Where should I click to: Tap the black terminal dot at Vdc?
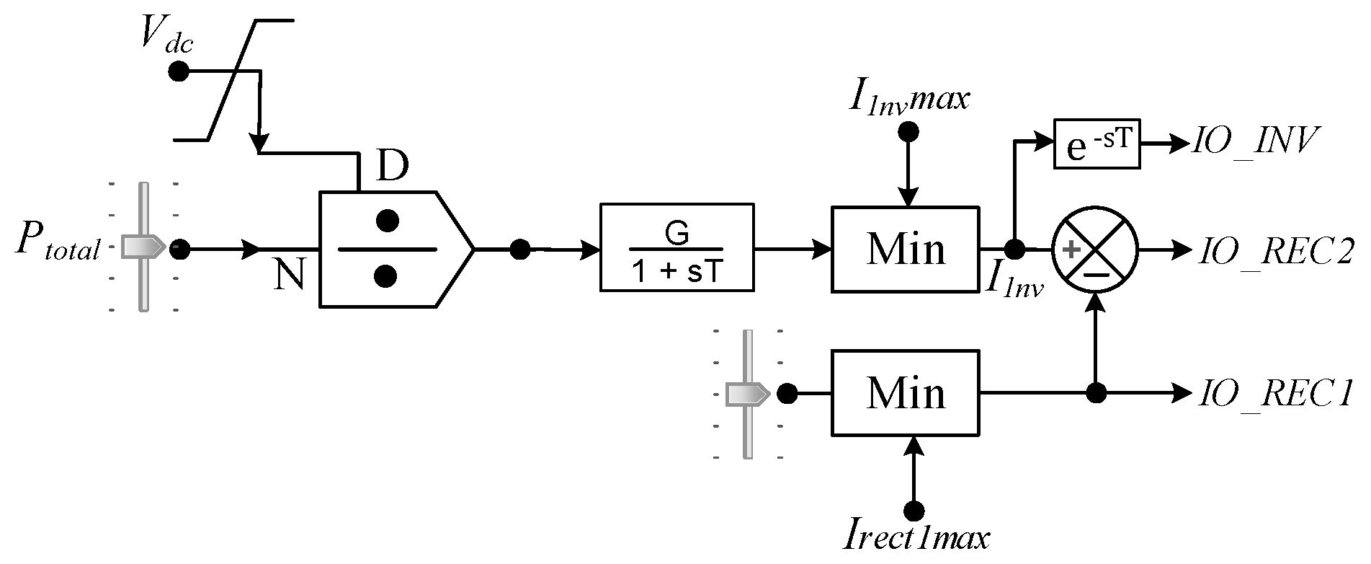[x=178, y=72]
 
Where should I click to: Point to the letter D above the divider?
[x=393, y=167]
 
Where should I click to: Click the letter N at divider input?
[x=290, y=275]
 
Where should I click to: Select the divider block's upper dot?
[x=388, y=221]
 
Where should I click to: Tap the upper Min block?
[x=906, y=249]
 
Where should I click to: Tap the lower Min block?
[x=906, y=393]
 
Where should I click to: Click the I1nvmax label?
[x=909, y=99]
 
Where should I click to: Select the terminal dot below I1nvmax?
[x=909, y=131]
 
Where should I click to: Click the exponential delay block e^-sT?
[x=1097, y=144]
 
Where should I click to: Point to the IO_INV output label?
[x=1254, y=142]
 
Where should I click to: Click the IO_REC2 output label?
[x=1274, y=250]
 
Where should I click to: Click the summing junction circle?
[x=1096, y=250]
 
